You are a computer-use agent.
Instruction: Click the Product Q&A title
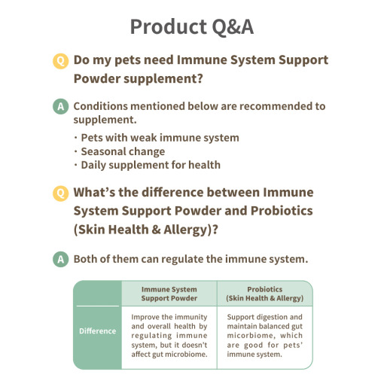click(192, 26)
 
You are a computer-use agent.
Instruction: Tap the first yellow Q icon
click(60, 61)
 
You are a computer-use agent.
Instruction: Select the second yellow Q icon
click(60, 194)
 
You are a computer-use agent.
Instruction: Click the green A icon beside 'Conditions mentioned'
click(60, 106)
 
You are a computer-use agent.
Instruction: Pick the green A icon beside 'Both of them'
click(60, 259)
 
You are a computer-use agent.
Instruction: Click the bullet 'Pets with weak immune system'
click(157, 138)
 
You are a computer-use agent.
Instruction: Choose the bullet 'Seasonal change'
click(120, 151)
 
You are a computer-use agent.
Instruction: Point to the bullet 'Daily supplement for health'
click(148, 165)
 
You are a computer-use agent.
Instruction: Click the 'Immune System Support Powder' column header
click(169, 294)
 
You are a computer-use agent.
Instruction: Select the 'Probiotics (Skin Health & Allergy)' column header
click(265, 294)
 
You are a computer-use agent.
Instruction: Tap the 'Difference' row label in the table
click(98, 331)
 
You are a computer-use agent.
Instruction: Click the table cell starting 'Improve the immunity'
click(169, 336)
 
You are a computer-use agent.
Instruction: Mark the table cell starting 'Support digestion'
click(265, 336)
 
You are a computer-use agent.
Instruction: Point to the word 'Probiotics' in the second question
click(282, 211)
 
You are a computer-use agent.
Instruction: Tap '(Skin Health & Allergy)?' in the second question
click(146, 230)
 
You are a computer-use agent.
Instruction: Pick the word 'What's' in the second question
click(94, 193)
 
